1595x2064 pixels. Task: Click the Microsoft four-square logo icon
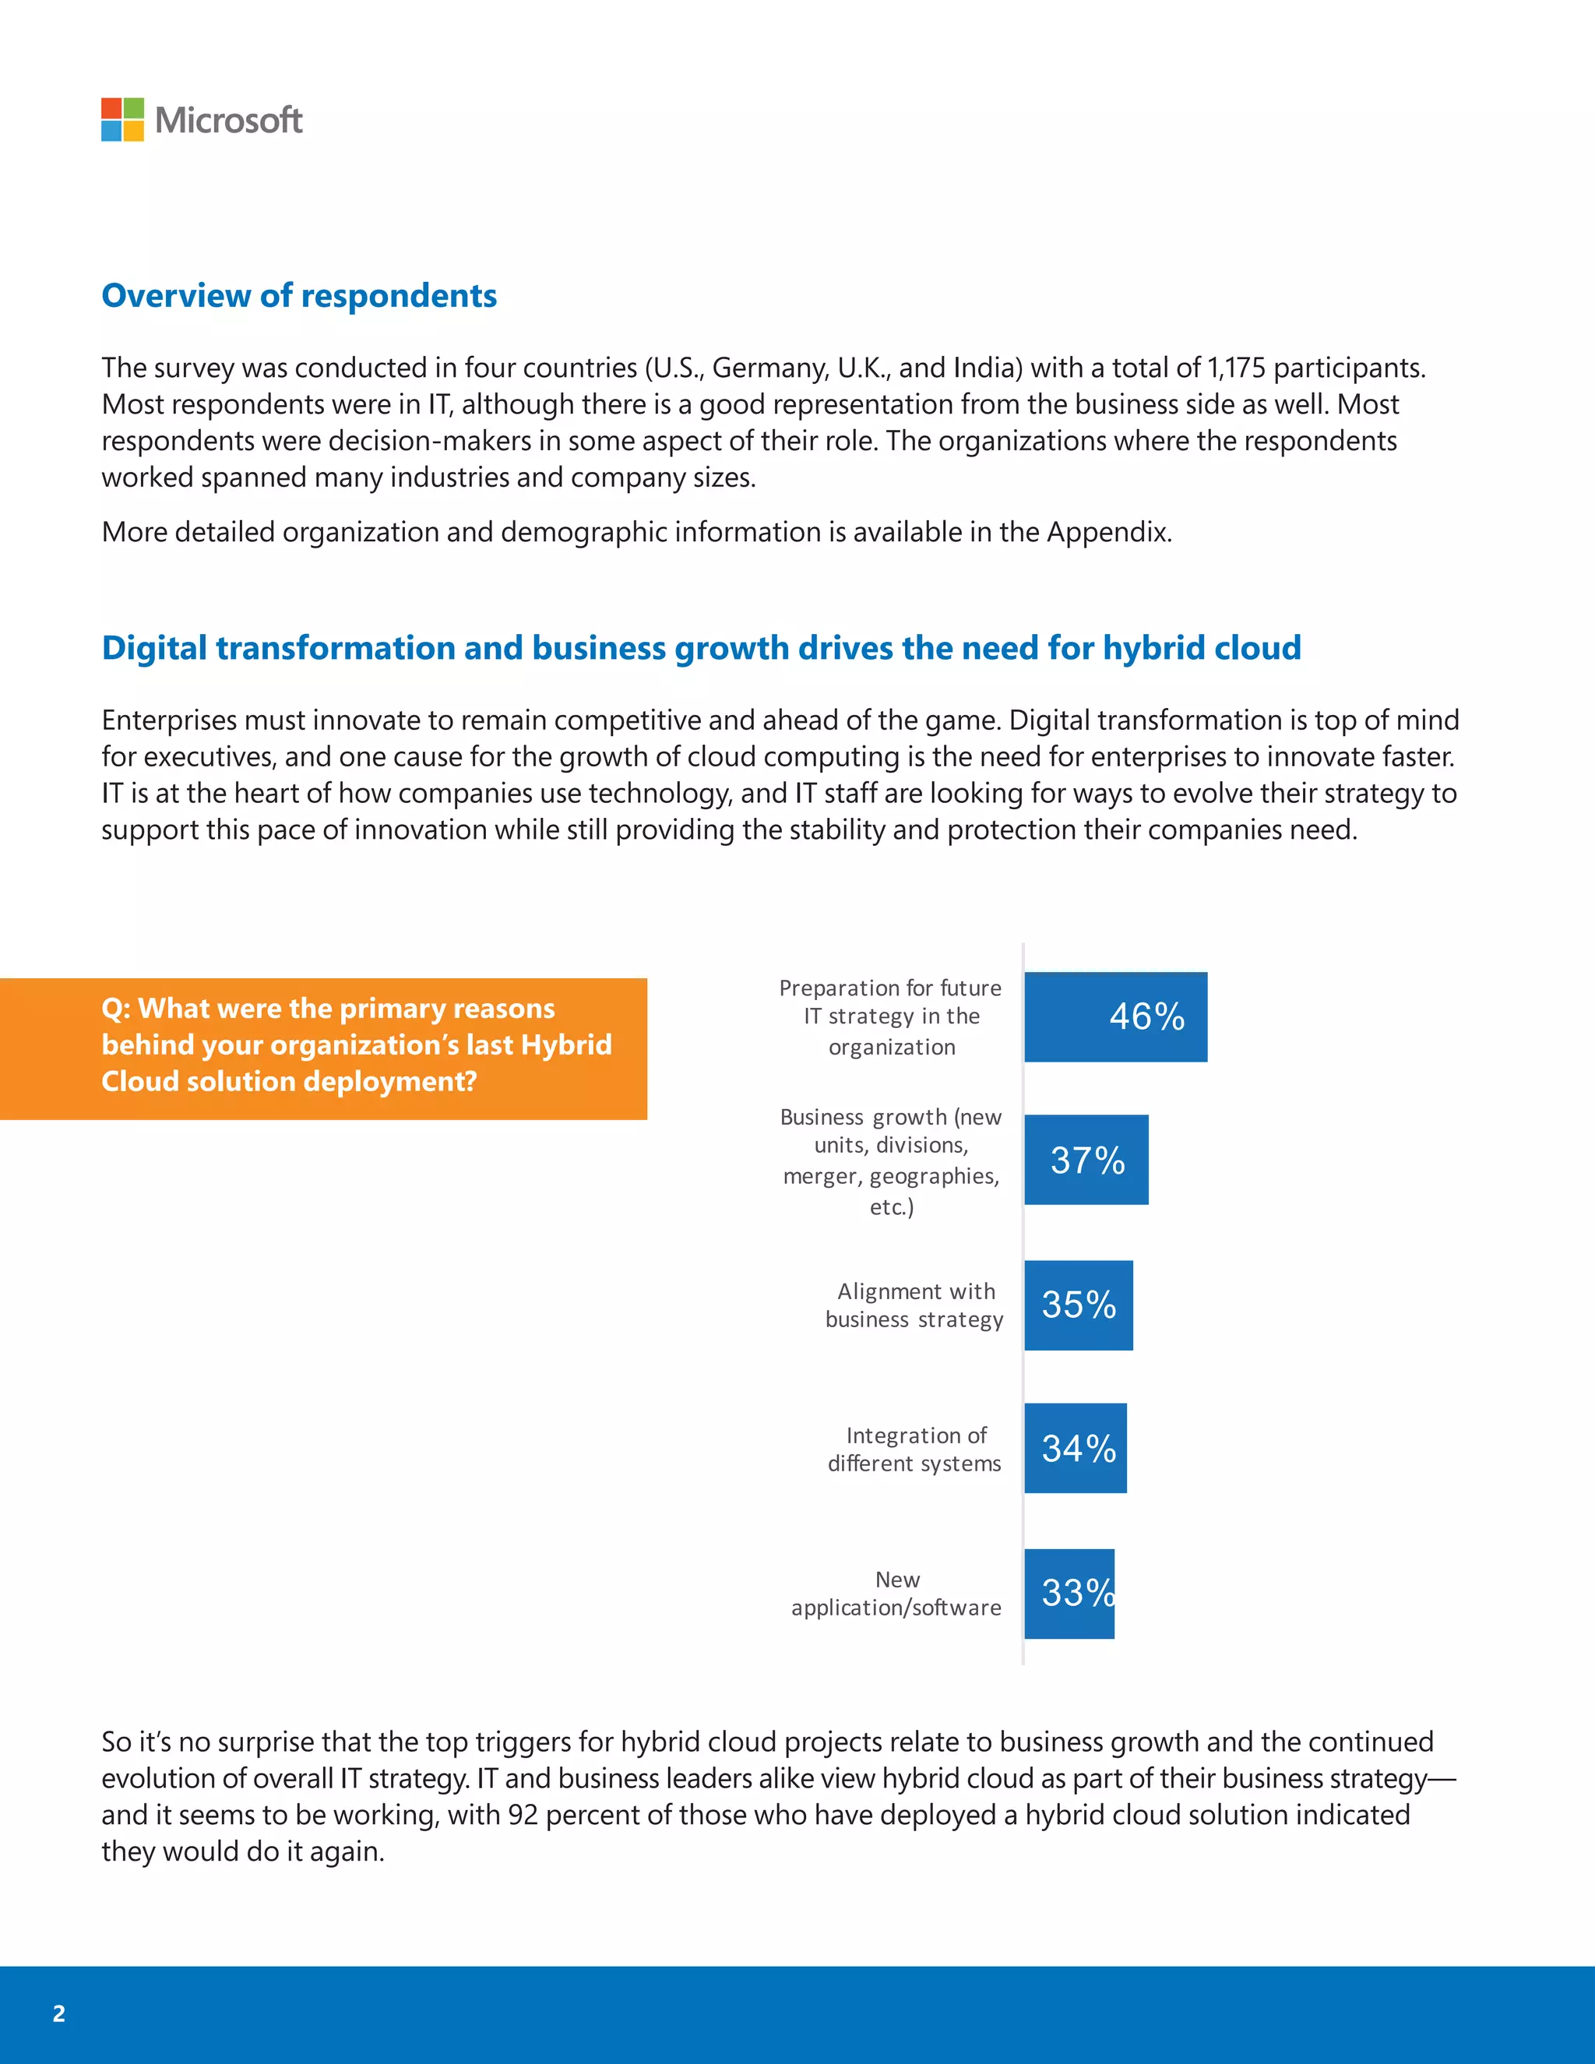123,120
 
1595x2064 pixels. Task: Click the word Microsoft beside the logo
229,120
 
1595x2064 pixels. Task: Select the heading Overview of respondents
298,296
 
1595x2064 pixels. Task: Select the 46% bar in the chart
1115,1017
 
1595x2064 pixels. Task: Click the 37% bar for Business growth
1086,1160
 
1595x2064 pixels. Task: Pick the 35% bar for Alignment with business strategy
1078,1305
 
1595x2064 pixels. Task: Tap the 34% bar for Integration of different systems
1076,1448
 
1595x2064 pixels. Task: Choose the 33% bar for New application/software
1069,1594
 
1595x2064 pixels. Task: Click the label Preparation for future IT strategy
891,1017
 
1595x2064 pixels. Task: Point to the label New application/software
896,1594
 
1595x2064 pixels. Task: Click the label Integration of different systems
914,1449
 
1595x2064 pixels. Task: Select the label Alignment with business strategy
914,1305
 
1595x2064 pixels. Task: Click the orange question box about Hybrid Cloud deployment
323,1049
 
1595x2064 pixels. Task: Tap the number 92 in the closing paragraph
523,1815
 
